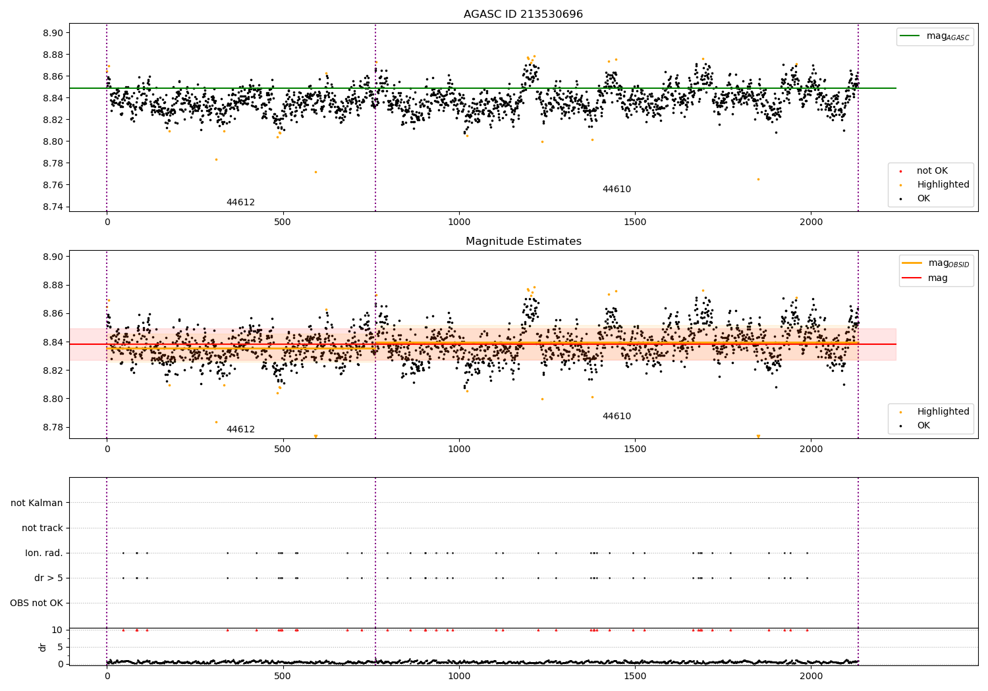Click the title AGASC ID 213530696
click(x=523, y=14)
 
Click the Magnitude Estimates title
click(x=523, y=242)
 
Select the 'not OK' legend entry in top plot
click(x=931, y=171)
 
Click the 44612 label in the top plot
click(x=240, y=203)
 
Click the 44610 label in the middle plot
click(x=617, y=417)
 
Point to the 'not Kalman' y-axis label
click(x=37, y=503)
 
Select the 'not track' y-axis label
click(x=42, y=528)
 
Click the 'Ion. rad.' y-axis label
click(x=44, y=553)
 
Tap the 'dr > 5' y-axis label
click(x=49, y=578)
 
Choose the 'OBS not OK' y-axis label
click(x=36, y=603)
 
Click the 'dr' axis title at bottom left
click(x=43, y=647)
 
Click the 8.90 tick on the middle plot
click(x=54, y=257)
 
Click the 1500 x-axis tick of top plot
click(x=635, y=222)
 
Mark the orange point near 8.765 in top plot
click(x=758, y=179)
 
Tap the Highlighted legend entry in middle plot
click(x=943, y=412)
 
